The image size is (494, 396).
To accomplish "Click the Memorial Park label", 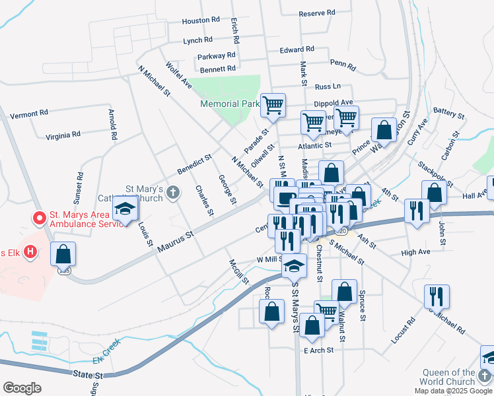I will (x=230, y=104).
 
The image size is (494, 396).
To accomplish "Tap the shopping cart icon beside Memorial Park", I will (x=273, y=104).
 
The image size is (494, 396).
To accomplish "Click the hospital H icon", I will (x=29, y=251).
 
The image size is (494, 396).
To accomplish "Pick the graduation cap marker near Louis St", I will (x=124, y=209).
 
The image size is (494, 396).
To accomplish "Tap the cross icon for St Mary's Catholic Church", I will (x=172, y=193).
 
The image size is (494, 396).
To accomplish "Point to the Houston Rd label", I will (x=201, y=20).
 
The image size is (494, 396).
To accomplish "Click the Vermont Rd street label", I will (x=29, y=114).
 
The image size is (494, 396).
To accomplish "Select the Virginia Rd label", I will (x=63, y=135).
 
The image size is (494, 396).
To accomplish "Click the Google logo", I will (x=22, y=388).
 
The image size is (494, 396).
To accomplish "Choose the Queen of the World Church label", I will (x=448, y=377).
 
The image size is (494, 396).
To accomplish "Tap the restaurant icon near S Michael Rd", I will (x=437, y=296).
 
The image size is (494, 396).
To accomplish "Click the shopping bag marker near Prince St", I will (x=384, y=130).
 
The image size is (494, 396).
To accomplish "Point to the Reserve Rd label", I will (x=317, y=13).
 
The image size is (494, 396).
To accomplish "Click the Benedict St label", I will (x=194, y=164).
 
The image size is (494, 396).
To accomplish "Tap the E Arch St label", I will (x=318, y=350).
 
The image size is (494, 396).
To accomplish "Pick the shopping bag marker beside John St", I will (x=434, y=192).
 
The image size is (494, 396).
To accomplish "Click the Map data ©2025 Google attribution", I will (x=452, y=391).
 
